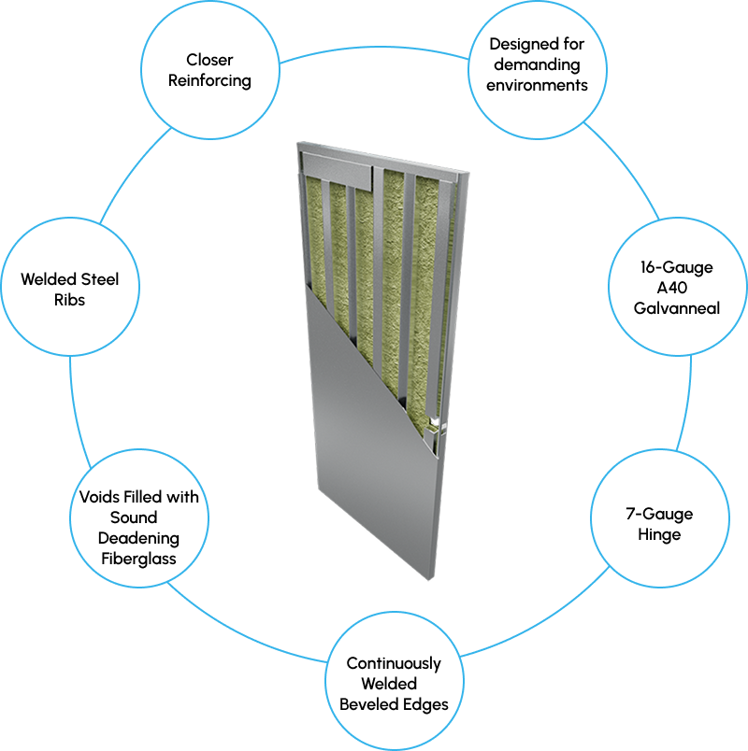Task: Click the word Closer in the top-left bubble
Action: [210, 60]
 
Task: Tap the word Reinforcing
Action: [210, 80]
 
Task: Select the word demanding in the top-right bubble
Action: [537, 64]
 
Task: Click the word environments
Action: [537, 85]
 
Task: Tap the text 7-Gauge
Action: [659, 515]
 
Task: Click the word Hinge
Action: [659, 535]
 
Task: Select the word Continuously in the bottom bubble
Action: [394, 663]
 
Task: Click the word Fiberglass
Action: [139, 559]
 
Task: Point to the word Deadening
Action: [138, 538]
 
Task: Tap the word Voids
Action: [94, 497]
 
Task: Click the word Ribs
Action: [70, 300]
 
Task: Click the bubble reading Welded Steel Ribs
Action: [70, 290]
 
